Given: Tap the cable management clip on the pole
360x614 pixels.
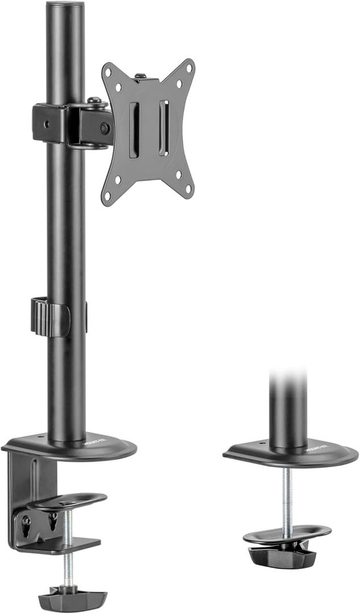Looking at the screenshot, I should tap(50, 316).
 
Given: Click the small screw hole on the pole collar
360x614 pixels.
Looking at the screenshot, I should tap(48, 123).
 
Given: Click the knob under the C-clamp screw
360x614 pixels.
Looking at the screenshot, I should tap(72, 599).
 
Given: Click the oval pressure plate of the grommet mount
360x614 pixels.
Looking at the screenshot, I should tap(287, 533).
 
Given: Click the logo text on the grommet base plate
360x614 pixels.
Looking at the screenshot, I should tap(315, 449).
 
